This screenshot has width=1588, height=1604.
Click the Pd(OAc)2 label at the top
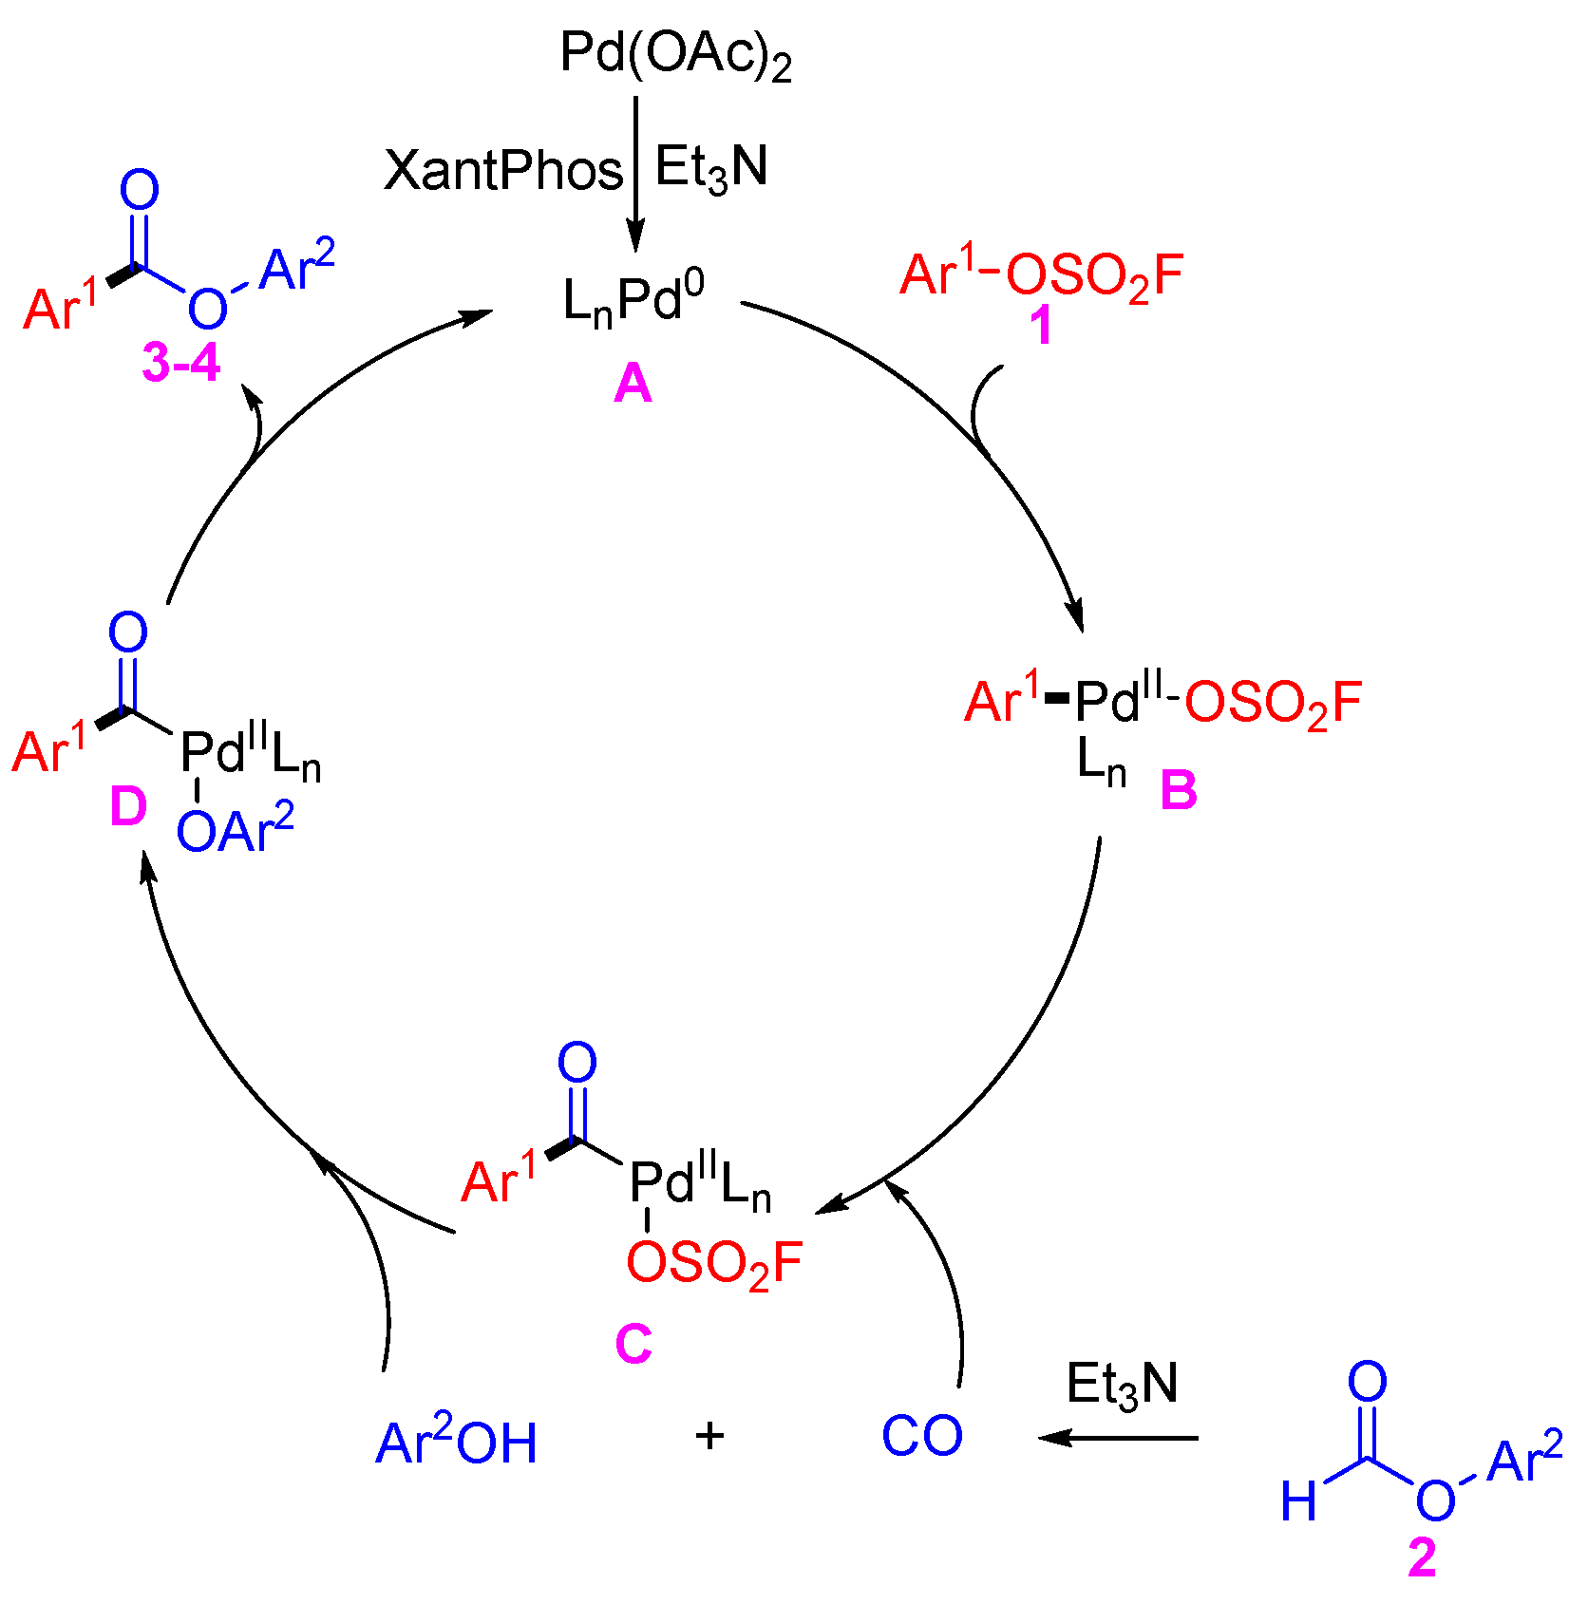coord(675,55)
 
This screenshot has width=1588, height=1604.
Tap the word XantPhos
coord(503,171)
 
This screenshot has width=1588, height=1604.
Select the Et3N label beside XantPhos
coord(711,168)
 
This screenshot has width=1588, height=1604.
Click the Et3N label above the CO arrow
coord(1122,1385)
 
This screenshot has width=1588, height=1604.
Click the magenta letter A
coord(633,385)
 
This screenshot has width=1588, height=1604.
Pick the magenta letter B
coord(1179,790)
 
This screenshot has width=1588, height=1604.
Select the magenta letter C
coord(633,1344)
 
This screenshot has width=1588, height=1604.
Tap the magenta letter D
coord(128,807)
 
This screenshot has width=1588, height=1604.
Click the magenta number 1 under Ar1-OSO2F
coord(1041,326)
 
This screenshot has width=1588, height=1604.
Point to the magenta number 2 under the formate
coord(1422,1558)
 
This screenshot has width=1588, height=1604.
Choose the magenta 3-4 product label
coord(180,363)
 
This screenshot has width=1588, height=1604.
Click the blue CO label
coord(921,1436)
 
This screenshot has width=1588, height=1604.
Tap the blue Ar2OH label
coord(457,1442)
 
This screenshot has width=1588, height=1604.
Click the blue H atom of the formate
coord(1298,1501)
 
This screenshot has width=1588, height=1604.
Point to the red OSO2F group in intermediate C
coord(714,1264)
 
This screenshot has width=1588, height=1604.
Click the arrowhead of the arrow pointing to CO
coord(1050,1438)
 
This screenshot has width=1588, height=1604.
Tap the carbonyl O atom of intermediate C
coord(577,1063)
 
